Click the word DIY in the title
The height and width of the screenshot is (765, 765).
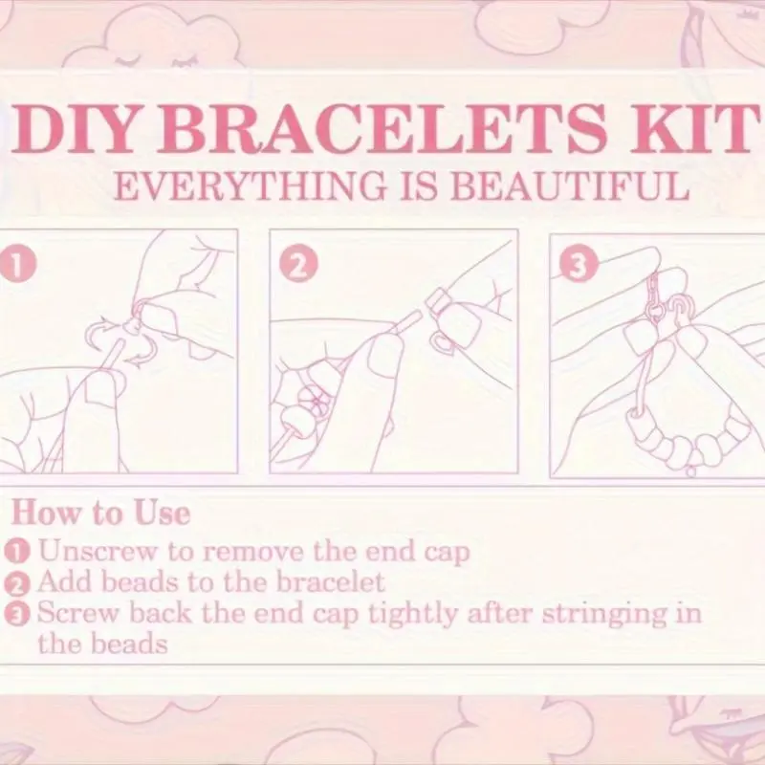73,128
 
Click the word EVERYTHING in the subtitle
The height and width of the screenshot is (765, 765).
250,186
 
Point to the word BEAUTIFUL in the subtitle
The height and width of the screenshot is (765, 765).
569,186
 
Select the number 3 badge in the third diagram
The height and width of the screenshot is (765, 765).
579,264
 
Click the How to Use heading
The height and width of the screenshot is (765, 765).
100,514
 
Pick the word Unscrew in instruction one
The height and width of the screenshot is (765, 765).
98,552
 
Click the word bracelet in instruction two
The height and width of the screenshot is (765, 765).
331,581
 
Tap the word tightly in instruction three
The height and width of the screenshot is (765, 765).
412,614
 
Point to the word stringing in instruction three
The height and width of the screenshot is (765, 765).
604,615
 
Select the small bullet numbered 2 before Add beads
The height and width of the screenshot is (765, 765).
17,583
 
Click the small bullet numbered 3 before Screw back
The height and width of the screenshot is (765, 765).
17,615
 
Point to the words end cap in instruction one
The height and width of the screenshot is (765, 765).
417,552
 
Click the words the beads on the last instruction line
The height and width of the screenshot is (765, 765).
102,644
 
